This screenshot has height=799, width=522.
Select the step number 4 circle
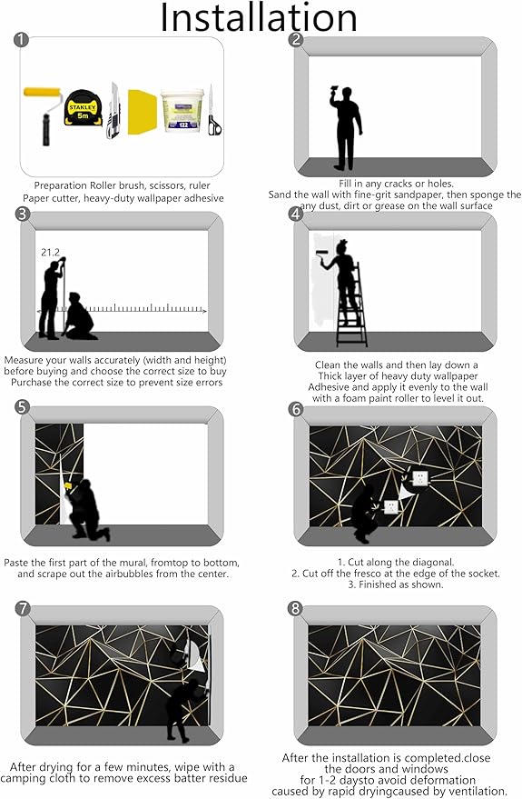[294, 215]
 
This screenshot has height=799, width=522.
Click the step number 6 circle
[294, 410]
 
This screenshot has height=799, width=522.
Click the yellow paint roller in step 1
[42, 114]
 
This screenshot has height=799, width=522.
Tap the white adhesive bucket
[182, 112]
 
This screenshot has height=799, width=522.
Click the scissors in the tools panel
[213, 115]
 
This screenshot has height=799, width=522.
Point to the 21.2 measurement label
[49, 253]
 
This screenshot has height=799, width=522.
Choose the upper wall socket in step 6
[419, 476]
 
